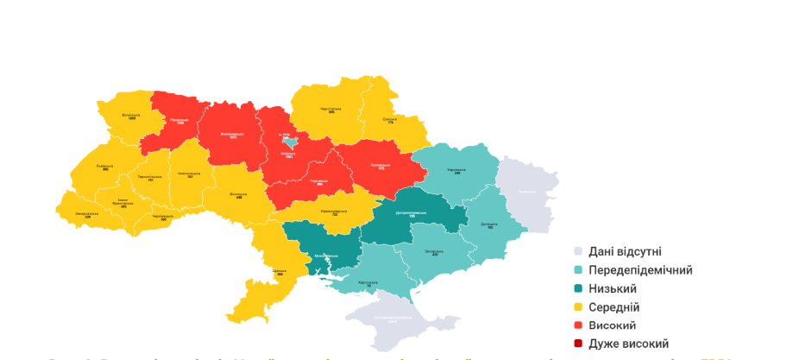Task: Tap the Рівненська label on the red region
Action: coord(180,122)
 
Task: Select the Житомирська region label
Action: coord(228,136)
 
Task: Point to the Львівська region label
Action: coord(104,167)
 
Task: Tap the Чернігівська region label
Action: coord(331,111)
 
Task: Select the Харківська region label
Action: coord(456,171)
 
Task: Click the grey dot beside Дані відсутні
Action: coord(579,251)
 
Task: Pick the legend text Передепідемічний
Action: coord(640,270)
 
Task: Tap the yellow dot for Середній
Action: coord(579,307)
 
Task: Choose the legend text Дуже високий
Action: coord(628,344)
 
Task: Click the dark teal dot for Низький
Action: coord(579,288)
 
